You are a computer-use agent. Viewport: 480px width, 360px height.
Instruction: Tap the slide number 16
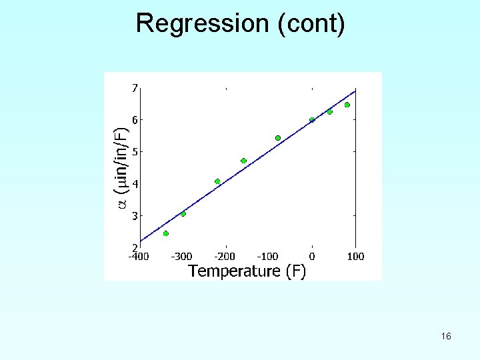coord(446,337)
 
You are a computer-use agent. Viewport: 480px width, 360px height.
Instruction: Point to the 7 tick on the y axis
coord(135,87)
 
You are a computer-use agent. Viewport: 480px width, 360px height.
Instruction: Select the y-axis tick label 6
coord(135,120)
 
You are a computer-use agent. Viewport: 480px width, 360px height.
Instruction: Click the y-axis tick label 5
coord(135,152)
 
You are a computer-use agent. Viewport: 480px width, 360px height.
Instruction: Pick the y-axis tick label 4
coord(135,184)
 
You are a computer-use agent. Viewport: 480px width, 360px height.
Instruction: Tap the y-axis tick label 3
coord(135,216)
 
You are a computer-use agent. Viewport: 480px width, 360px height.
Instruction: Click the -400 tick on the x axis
coord(139,256)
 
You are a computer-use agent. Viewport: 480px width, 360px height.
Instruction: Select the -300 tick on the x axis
coord(182,256)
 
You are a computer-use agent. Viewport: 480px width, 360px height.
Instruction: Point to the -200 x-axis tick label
coord(225,256)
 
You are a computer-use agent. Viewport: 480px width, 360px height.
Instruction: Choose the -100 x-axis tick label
coord(268,256)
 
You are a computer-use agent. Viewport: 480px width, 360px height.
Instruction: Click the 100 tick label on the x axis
coord(355,256)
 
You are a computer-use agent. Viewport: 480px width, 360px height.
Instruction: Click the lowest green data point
coord(165,233)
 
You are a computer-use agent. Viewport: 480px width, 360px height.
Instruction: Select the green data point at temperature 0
coord(312,120)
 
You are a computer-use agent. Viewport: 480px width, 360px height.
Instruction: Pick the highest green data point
coord(347,105)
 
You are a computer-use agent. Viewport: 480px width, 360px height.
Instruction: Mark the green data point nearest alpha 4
coord(217,181)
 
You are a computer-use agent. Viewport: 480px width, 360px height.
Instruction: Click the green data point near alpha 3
coord(183,214)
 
